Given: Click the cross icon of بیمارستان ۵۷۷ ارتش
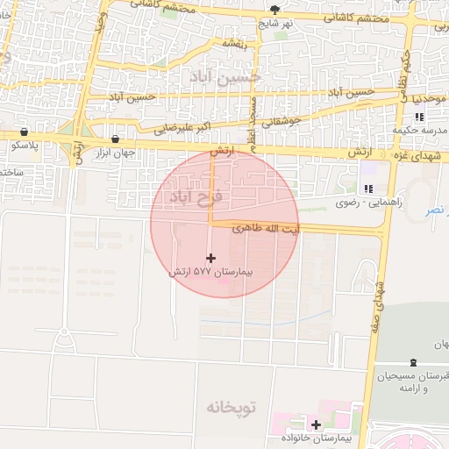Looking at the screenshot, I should (x=210, y=258).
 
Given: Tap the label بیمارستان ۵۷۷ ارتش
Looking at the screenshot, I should (x=210, y=273).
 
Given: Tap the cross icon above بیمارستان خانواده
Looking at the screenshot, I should (x=316, y=424).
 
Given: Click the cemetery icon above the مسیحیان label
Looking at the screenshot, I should (x=414, y=362).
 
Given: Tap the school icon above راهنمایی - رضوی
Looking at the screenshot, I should (x=368, y=188).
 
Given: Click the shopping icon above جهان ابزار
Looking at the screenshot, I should (x=116, y=139).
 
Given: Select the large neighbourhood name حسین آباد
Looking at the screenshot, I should (x=226, y=78).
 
